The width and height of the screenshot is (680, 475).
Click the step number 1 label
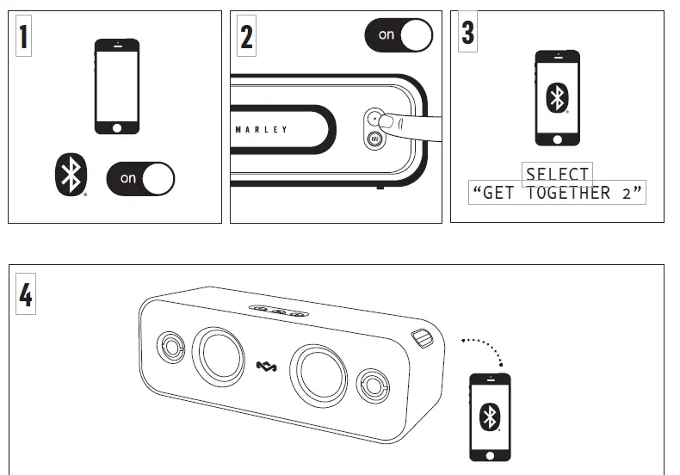(22, 37)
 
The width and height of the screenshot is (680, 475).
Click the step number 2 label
(246, 37)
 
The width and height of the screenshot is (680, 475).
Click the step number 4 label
(25, 295)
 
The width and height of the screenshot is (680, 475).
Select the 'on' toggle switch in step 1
(140, 178)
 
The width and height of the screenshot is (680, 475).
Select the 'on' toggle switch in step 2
(399, 34)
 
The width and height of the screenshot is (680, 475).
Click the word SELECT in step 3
(558, 174)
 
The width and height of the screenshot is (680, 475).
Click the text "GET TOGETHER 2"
(558, 193)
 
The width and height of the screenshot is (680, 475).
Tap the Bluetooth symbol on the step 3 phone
(557, 97)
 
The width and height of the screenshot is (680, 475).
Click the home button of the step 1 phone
(116, 128)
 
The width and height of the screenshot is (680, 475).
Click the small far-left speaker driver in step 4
(170, 348)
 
